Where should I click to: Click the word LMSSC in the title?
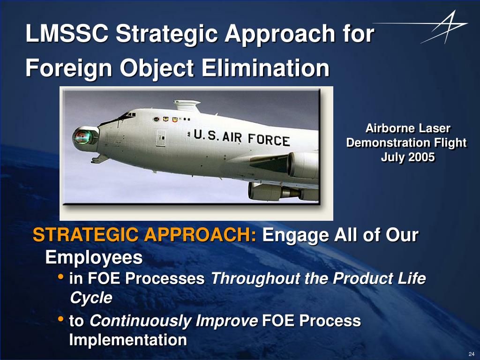point(67,33)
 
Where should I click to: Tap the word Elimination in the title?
point(265,67)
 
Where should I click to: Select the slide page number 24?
point(472,354)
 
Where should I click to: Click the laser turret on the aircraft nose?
point(85,138)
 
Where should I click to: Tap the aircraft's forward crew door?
point(161,138)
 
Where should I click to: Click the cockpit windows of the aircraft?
point(127,115)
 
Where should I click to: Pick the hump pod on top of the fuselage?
point(187,105)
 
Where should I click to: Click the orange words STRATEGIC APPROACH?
point(144,235)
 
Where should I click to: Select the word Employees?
point(94,257)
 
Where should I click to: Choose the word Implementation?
point(128,340)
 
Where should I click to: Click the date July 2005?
point(408,157)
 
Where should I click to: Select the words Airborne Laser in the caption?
point(408,128)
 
